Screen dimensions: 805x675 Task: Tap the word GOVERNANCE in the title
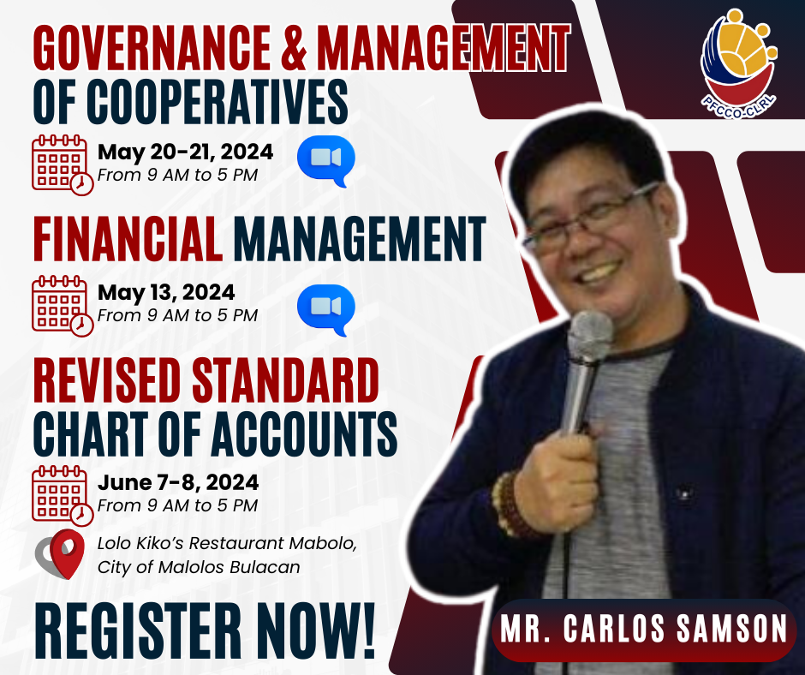(x=152, y=47)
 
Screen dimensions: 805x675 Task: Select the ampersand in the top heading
(x=294, y=47)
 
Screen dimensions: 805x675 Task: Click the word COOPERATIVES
(x=217, y=102)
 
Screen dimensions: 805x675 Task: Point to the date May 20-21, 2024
(x=185, y=152)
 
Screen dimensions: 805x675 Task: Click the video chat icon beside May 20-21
(x=326, y=160)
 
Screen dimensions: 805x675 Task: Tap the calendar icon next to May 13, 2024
(x=63, y=306)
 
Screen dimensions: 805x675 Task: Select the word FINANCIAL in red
(x=128, y=239)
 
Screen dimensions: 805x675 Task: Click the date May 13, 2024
(x=166, y=293)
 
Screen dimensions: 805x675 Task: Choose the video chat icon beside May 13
(x=326, y=310)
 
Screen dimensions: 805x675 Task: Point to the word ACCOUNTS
(x=304, y=433)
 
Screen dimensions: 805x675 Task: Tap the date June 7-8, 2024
(x=177, y=482)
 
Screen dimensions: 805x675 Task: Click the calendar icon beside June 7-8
(x=63, y=496)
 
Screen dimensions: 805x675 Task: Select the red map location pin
(x=68, y=553)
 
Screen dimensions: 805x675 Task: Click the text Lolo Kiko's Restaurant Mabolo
(x=227, y=543)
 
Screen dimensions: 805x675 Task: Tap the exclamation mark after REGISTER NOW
(x=368, y=631)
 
